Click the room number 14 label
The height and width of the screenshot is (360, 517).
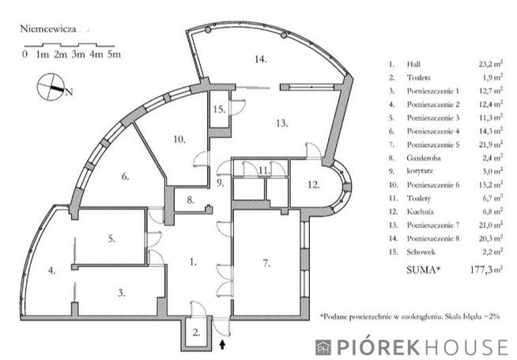coord(261,59)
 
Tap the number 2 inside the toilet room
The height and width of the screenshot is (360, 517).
coord(196,332)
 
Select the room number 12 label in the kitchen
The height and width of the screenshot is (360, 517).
coord(314,185)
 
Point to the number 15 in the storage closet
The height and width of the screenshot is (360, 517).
coord(219,109)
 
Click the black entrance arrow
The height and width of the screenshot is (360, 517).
coord(223,345)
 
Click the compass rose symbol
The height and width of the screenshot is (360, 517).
coord(51,86)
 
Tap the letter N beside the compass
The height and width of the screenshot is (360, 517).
coord(70,92)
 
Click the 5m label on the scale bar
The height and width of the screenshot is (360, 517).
coord(114,55)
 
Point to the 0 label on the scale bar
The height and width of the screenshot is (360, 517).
coord(25,54)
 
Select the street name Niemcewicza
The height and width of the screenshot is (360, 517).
coord(48,29)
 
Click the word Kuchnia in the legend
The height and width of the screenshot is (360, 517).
coord(420,211)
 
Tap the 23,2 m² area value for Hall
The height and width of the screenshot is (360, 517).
coord(491,64)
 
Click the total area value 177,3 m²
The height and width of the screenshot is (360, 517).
coord(486,270)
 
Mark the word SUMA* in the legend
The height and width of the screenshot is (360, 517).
coord(424,270)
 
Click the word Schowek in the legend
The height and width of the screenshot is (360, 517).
coord(421,252)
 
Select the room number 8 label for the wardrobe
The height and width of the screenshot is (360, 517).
coord(191,200)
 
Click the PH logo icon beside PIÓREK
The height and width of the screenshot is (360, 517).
coord(323,347)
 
